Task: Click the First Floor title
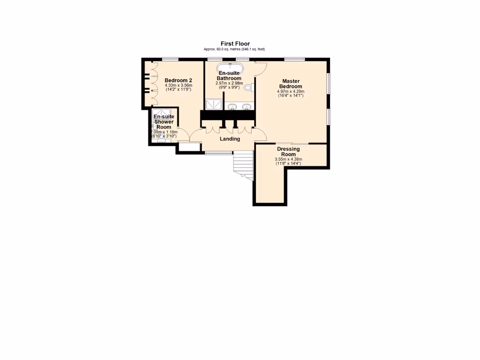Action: pyautogui.click(x=235, y=44)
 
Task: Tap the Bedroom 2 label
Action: pyautogui.click(x=178, y=80)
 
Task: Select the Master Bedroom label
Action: pyautogui.click(x=291, y=83)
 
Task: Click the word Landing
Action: pyautogui.click(x=230, y=139)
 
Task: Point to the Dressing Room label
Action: pyautogui.click(x=288, y=152)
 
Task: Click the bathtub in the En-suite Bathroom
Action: pyautogui.click(x=230, y=66)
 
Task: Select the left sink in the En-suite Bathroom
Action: pyautogui.click(x=232, y=107)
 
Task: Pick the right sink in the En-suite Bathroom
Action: pyautogui.click(x=246, y=107)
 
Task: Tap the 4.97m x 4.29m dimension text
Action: pyautogui.click(x=291, y=91)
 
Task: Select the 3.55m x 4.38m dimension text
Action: pyautogui.click(x=288, y=159)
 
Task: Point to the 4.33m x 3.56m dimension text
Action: pyautogui.click(x=178, y=85)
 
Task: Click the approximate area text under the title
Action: pyautogui.click(x=234, y=49)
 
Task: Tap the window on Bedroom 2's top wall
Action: pyautogui.click(x=170, y=59)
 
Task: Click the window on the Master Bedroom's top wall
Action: pyautogui.click(x=294, y=59)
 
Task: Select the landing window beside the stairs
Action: pyautogui.click(x=219, y=153)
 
